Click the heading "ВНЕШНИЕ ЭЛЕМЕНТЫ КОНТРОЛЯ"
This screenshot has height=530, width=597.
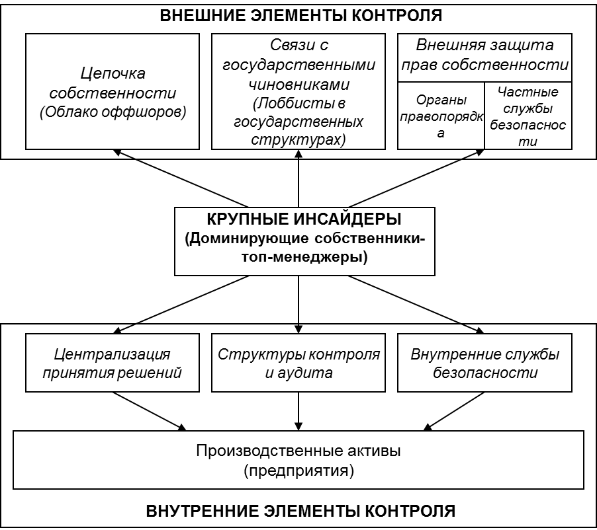300,16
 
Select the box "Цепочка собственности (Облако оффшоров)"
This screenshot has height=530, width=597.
113,91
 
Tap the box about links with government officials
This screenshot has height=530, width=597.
298,91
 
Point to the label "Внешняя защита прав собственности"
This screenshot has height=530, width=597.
484,55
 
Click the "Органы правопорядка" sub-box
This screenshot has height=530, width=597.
441,116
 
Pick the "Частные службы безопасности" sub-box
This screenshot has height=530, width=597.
528,116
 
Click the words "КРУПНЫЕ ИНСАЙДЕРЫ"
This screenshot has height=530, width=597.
304,219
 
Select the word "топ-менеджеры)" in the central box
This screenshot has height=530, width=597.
304,257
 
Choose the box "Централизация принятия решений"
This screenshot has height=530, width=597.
113,363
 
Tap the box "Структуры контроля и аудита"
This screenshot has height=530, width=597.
298,363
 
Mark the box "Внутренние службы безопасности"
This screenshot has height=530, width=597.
484,363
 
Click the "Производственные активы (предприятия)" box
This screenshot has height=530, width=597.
298,460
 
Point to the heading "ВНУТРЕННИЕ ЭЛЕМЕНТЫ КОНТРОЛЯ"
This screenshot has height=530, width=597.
300,511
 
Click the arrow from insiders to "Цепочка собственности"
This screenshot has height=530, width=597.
181,178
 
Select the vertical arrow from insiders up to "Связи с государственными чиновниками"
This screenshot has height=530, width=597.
298,178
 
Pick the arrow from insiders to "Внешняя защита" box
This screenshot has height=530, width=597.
416,178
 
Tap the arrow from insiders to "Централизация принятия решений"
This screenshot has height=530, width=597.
181,305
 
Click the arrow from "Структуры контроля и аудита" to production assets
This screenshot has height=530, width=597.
298,411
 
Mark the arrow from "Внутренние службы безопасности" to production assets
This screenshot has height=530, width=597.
454,411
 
